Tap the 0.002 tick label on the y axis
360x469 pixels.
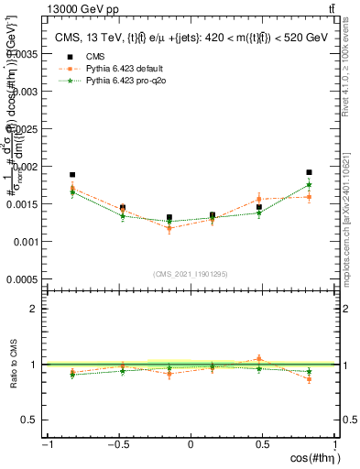tap(27, 167)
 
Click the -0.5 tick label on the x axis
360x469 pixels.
tap(117, 445)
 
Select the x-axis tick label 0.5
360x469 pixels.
tap(263, 445)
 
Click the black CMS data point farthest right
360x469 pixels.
tap(310, 172)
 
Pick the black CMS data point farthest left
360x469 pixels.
tap(72, 174)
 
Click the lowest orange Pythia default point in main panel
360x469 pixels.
tap(169, 228)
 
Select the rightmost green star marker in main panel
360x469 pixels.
tap(310, 185)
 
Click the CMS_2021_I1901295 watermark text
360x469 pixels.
tap(190, 274)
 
